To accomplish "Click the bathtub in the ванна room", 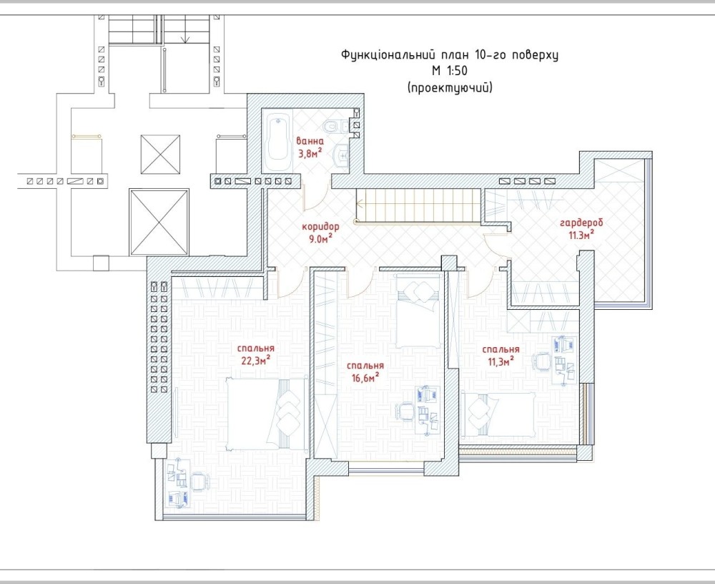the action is click(x=277, y=142).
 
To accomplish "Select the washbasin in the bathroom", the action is click(x=341, y=155).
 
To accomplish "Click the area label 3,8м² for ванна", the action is click(x=310, y=153).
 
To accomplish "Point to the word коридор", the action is click(x=320, y=226).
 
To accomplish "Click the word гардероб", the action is click(x=581, y=223).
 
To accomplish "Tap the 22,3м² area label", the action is click(x=256, y=360).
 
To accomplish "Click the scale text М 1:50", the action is click(x=450, y=71).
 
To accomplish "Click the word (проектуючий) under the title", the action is click(x=450, y=87).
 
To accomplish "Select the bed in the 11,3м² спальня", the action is click(x=499, y=414).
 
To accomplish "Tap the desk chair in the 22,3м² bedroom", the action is click(x=198, y=481).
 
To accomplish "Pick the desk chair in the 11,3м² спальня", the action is click(x=542, y=361).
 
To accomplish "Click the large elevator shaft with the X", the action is click(x=159, y=223).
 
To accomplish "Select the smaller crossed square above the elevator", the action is click(x=160, y=154).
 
